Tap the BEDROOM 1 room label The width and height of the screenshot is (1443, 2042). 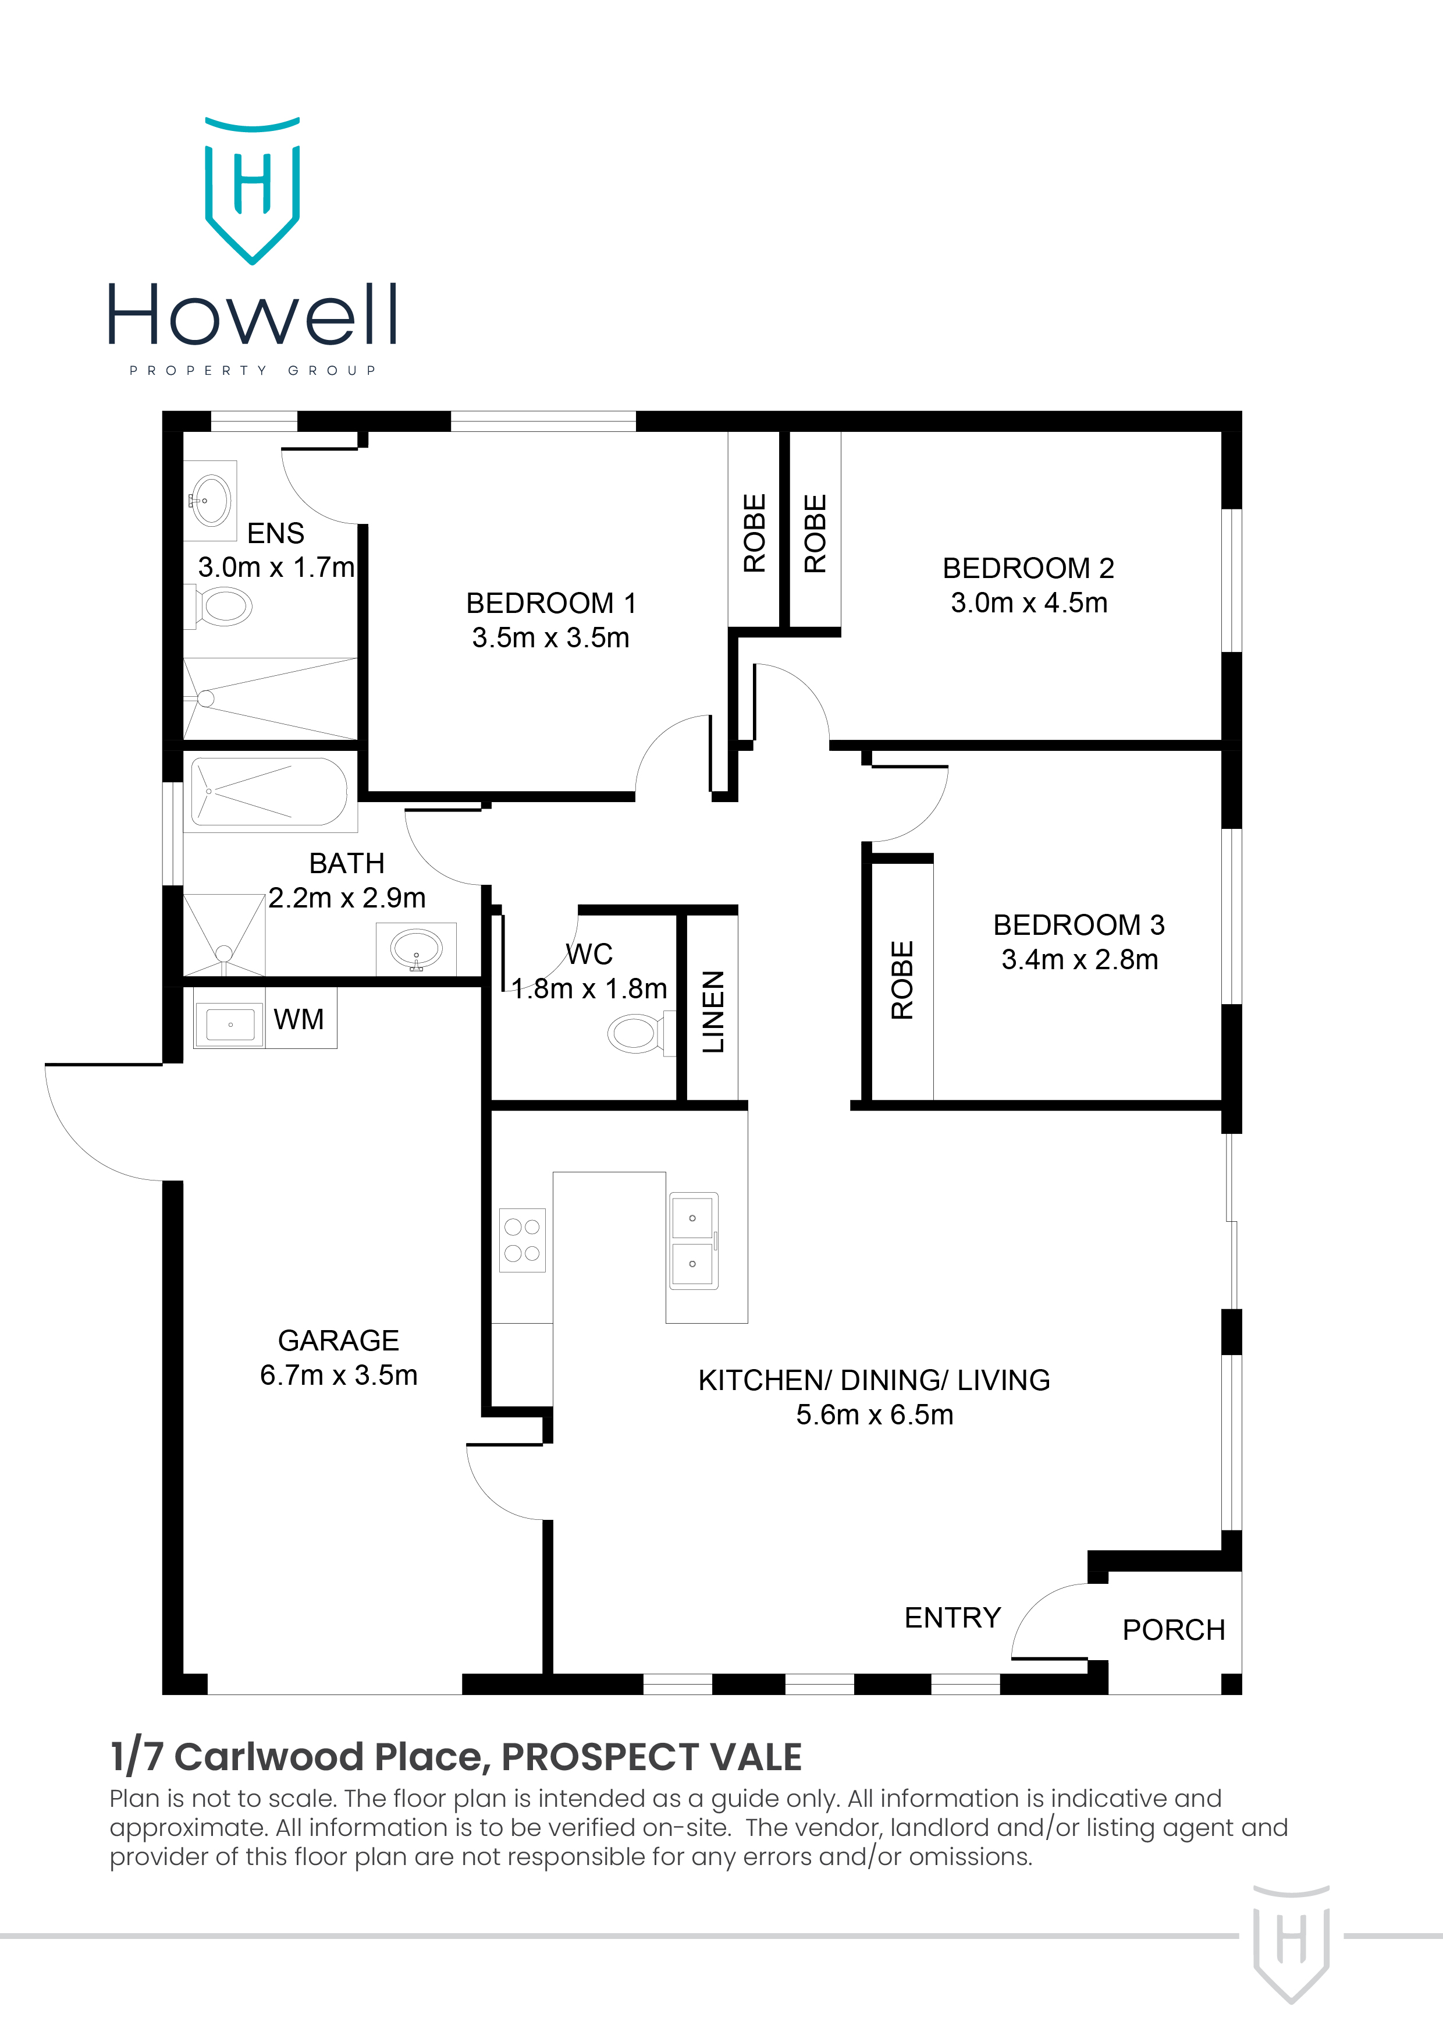pos(550,603)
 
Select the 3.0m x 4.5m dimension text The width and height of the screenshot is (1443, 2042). pos(1029,603)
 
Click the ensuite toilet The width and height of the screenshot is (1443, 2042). pos(223,607)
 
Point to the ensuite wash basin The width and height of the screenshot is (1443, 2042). pos(212,500)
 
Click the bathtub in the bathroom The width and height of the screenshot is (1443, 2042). pos(269,792)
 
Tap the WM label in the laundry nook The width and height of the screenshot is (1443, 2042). pos(298,1019)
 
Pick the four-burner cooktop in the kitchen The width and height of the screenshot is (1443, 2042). pos(522,1240)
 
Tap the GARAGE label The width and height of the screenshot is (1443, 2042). pos(338,1341)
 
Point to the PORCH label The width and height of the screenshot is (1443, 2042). pos(1174,1630)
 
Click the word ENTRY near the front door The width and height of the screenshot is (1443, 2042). pos(952,1618)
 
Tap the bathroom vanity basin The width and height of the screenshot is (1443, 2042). pos(416,948)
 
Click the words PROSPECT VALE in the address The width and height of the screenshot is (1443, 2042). pos(652,1757)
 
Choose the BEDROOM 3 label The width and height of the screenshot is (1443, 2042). pos(1079,925)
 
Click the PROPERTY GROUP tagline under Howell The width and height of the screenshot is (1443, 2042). pos(253,370)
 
